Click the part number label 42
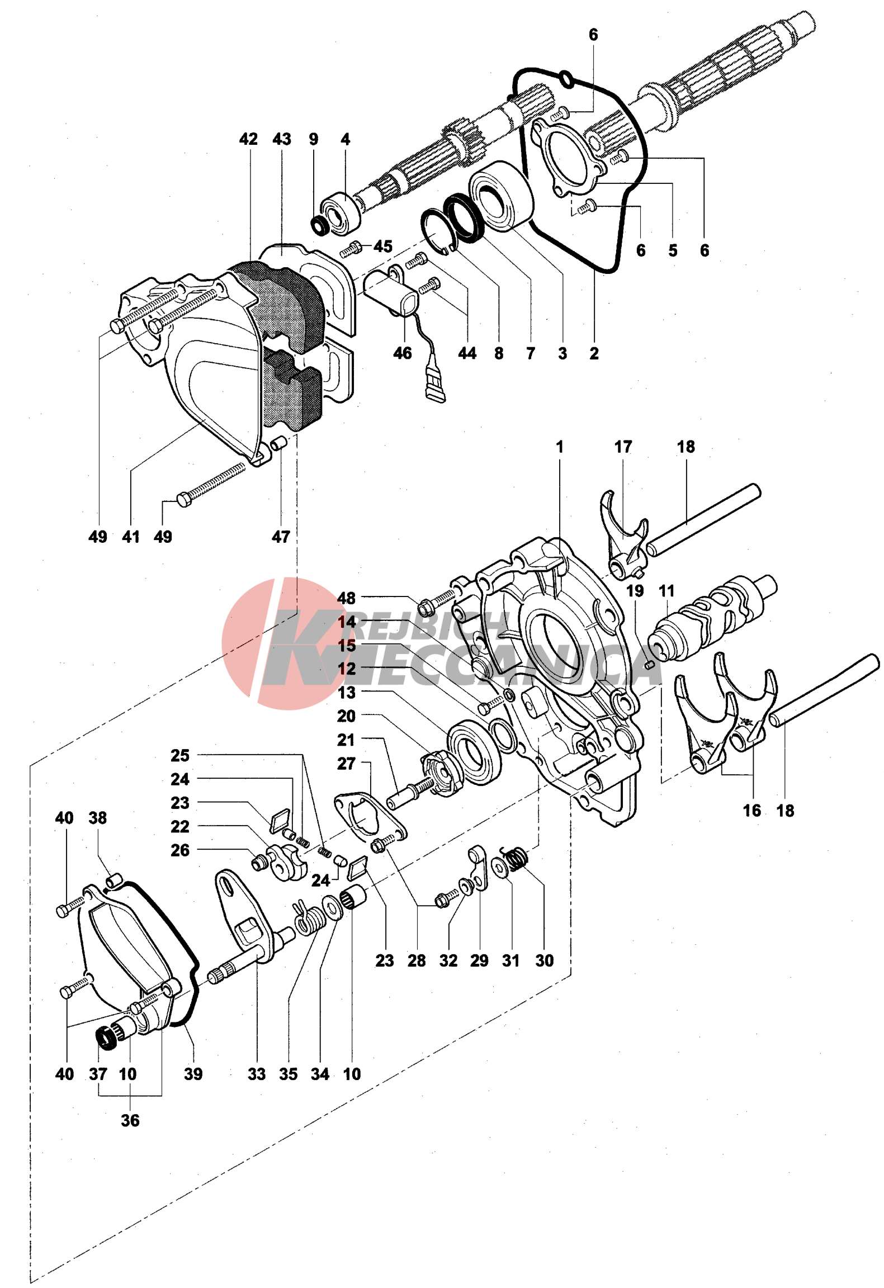248,139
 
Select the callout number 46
402,353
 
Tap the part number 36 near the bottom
130,1120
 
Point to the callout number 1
559,447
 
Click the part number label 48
346,598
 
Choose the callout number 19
635,591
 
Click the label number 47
281,537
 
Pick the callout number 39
193,1073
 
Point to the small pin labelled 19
649,664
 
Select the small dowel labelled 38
114,879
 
